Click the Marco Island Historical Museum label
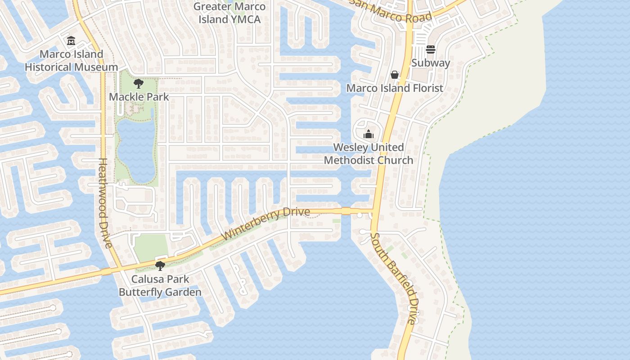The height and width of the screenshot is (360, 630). pos(71,61)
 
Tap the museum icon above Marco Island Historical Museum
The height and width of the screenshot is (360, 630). pos(71,41)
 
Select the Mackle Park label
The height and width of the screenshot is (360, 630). pos(139,97)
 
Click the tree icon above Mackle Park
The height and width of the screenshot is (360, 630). pos(139,83)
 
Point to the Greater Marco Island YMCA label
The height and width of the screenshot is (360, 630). pos(229,13)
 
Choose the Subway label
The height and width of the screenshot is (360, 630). pos(431,63)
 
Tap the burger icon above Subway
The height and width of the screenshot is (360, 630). pos(431,49)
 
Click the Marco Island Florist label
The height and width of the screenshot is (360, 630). pos(395,88)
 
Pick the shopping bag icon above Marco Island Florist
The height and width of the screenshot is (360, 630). pos(395,75)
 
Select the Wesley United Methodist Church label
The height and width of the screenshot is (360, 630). pos(369,154)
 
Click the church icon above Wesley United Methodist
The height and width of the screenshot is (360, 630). pos(369,134)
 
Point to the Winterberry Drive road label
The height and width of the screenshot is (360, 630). pos(266,223)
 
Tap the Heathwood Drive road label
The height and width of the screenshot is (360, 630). pos(104,202)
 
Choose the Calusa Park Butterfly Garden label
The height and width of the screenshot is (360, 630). pos(160,286)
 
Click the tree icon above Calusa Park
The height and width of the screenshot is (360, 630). pos(160,265)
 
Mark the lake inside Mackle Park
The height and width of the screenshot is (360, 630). pos(135,148)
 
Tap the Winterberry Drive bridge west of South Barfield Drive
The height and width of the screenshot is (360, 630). pos(346,211)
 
